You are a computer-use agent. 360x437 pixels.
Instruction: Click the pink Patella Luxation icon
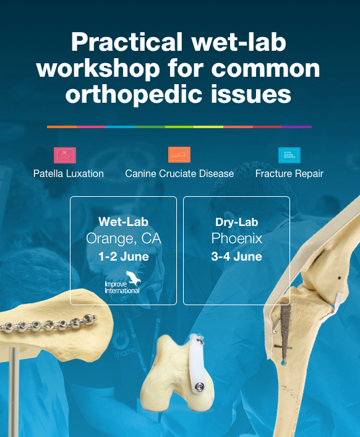(64, 155)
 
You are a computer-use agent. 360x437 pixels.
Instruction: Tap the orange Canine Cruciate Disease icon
(179, 155)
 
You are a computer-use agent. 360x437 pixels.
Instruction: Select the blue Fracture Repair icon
(289, 155)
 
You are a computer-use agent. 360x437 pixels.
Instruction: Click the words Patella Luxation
(69, 174)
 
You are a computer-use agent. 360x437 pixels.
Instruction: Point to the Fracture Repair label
(289, 174)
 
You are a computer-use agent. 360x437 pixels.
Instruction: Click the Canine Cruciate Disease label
(179, 174)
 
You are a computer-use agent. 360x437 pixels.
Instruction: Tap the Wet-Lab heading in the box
(123, 222)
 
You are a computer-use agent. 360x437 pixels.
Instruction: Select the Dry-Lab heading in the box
(237, 222)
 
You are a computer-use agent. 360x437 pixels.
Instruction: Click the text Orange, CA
(123, 238)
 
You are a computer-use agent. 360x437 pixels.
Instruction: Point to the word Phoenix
(237, 238)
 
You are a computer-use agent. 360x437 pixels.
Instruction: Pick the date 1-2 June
(123, 256)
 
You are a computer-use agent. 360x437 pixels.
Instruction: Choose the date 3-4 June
(237, 256)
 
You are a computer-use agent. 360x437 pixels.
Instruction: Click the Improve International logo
(123, 282)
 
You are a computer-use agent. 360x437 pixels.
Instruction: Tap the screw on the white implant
(199, 387)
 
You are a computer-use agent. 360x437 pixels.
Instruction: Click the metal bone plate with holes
(49, 323)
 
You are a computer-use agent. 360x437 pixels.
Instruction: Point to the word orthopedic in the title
(134, 94)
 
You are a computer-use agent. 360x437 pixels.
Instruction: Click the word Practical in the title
(127, 42)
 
